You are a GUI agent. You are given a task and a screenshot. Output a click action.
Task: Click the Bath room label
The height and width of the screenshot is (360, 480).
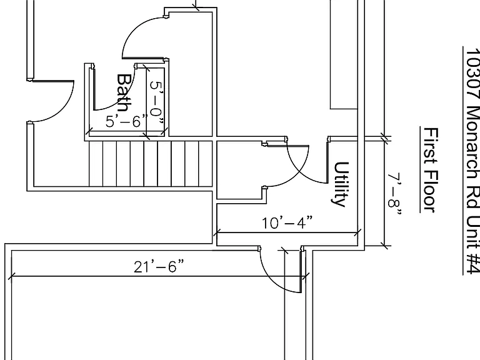click(x=124, y=92)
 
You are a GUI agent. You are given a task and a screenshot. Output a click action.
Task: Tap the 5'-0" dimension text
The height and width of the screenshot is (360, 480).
click(x=156, y=103)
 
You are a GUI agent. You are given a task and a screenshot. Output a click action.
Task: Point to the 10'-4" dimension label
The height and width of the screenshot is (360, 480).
click(x=287, y=222)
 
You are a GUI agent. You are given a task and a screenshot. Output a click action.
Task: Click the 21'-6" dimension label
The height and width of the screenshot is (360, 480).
click(x=159, y=266)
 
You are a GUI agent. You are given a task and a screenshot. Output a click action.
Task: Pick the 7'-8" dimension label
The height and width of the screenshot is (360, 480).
click(x=395, y=194)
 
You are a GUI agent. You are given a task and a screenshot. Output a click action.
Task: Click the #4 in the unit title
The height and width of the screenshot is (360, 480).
click(x=472, y=263)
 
